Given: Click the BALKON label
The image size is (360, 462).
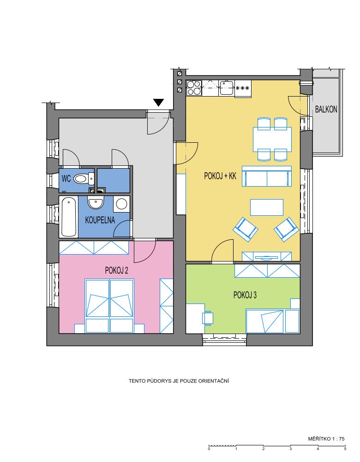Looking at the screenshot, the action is tap(326, 109).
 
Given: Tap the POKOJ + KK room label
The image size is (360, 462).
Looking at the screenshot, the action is tap(220, 176).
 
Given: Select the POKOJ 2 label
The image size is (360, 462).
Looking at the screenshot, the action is tap(117, 270).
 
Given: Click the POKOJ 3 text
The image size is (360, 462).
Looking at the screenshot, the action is tap(245, 295).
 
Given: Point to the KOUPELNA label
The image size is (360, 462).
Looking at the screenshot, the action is tap(100, 220).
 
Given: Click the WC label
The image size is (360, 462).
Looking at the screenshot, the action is tap(66, 178).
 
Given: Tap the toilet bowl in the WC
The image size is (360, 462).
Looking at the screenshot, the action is tap(84, 178).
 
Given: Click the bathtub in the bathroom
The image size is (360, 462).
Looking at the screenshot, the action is tap(69, 217).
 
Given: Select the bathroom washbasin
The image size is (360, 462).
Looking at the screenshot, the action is tap(96, 202).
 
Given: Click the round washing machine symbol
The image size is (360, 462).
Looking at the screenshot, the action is tap(121, 203).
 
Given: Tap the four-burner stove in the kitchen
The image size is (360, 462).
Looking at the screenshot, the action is tap(194, 88).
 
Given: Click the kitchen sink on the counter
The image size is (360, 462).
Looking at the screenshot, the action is tap(226, 87).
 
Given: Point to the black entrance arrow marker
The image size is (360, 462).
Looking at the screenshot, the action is tap(158, 103).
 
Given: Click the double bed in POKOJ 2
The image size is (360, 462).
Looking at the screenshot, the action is tap(109, 306).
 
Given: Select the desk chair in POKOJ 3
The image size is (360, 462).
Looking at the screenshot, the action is tap(208, 318).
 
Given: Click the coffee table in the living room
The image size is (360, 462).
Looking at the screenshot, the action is tap(267, 207).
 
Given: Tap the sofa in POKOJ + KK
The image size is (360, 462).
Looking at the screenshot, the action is tap(267, 176).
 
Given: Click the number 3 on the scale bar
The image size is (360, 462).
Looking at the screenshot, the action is tap(290, 449).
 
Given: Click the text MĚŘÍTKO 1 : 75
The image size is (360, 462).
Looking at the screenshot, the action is tap(326, 439).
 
